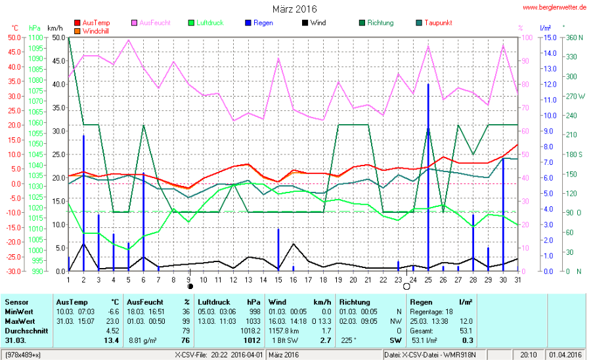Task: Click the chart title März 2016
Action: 294,9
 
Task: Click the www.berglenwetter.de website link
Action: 555,7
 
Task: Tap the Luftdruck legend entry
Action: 205,23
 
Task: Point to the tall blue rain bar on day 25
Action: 428,177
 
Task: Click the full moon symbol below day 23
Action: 397,286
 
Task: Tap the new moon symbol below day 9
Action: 189,286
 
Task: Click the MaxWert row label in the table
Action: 19,320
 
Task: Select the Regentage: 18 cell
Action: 430,311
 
